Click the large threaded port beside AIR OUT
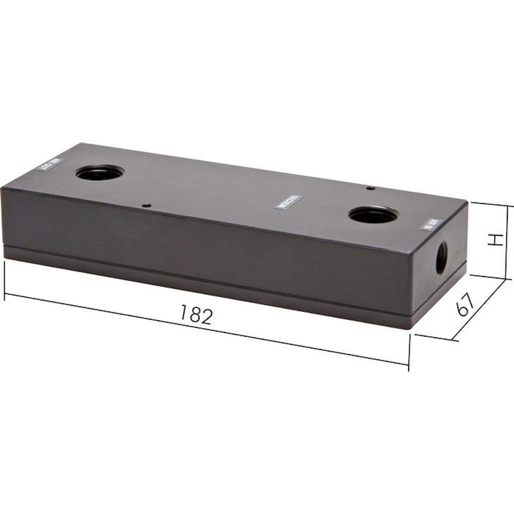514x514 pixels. [x=99, y=173]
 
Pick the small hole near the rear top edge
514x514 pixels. [x=369, y=188]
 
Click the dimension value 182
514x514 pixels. [x=195, y=315]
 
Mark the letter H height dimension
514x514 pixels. [x=494, y=240]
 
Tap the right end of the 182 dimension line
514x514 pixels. [x=409, y=364]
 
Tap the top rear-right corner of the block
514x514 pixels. [x=467, y=201]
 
